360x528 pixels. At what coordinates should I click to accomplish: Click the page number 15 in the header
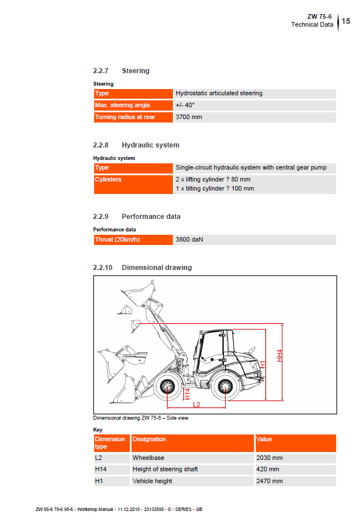coord(346,21)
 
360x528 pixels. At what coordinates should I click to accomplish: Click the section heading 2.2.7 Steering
coord(121,71)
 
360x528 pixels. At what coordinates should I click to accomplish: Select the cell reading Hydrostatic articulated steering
coord(219,94)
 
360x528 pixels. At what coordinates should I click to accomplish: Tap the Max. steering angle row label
coord(122,105)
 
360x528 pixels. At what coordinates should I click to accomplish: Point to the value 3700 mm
coord(189,117)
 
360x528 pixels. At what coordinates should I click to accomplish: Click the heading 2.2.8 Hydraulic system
coord(136,145)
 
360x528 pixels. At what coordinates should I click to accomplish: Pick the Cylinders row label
coord(108,180)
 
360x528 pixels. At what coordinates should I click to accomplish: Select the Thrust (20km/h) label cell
coord(117,240)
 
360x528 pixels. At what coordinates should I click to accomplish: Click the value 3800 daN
coord(189,240)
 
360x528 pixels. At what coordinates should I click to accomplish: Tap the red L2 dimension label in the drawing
coord(197,404)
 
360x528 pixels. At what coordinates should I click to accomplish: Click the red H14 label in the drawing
coord(187,394)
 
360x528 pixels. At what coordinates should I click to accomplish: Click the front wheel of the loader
coord(167,388)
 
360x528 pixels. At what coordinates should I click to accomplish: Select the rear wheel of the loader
coord(226,388)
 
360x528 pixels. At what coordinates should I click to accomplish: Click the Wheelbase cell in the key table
coord(149,458)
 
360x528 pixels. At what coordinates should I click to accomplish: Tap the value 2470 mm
coord(269,481)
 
